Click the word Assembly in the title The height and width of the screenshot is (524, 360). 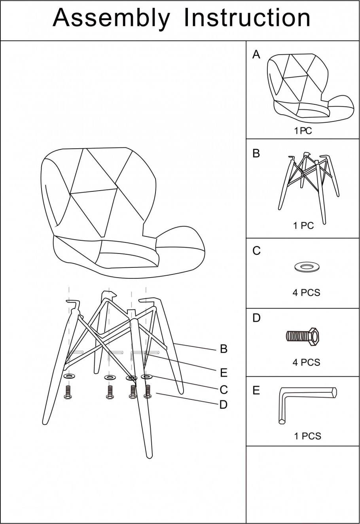point(111,19)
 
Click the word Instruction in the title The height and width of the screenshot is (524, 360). point(247,18)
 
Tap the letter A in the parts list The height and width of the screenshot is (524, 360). point(256,55)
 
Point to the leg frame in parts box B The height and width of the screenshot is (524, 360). point(309,187)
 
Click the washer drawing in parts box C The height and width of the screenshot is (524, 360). point(307,267)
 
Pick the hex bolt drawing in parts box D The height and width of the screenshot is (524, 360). point(302,337)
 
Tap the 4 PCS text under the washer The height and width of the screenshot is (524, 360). point(306,292)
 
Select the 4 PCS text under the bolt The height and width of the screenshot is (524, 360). point(306,362)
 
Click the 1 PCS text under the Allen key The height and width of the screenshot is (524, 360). point(307,436)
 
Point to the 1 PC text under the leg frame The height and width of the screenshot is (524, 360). point(303,226)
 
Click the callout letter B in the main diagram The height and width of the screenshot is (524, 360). point(224,349)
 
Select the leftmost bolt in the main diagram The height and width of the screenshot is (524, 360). point(68,392)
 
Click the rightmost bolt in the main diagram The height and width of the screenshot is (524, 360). point(148,392)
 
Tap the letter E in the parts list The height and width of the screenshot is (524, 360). point(256,390)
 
